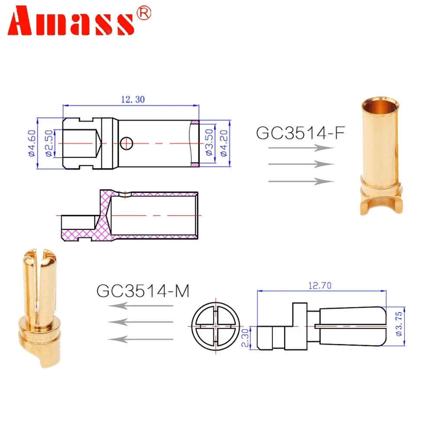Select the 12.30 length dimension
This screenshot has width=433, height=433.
click(132, 99)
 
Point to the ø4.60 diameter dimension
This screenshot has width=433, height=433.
click(31, 143)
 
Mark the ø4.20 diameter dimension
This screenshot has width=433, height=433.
click(225, 143)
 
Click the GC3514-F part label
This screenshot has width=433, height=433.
click(300, 132)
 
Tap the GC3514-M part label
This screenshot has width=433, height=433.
click(143, 291)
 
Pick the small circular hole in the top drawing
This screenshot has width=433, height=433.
click(126, 143)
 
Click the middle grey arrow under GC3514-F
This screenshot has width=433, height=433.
click(301, 164)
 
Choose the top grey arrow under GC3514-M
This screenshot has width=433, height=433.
click(141, 306)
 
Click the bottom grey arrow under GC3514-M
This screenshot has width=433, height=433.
click(141, 339)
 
